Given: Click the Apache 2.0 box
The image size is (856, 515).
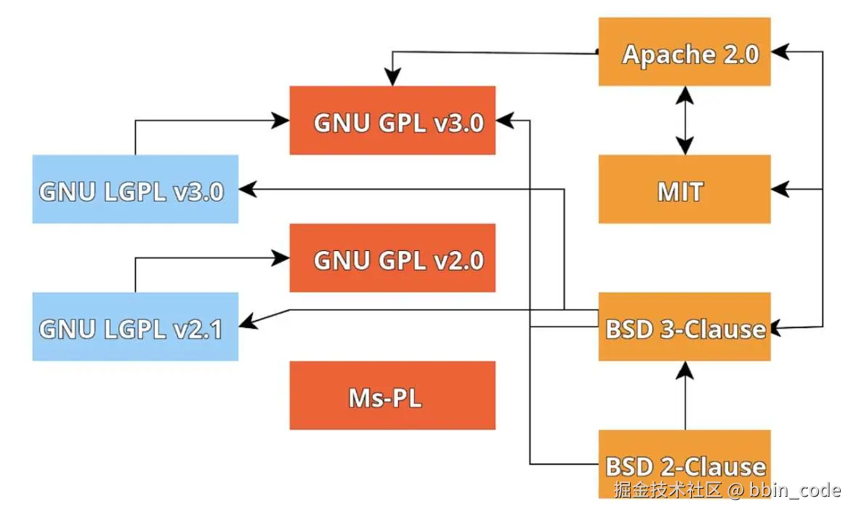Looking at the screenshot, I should click(x=684, y=52).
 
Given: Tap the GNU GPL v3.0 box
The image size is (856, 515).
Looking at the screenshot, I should click(x=392, y=121).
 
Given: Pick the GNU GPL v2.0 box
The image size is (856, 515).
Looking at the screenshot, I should click(x=392, y=258).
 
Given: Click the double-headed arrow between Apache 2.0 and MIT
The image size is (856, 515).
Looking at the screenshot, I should click(x=684, y=121).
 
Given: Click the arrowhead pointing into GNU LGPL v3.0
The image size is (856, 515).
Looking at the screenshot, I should click(x=248, y=189).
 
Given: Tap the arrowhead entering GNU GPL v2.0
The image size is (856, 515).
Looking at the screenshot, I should click(x=282, y=257).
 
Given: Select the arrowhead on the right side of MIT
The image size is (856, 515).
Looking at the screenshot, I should click(x=780, y=189).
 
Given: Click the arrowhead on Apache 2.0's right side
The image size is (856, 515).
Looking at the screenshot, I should click(x=780, y=52).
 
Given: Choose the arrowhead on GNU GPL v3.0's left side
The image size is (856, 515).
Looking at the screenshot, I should click(x=282, y=121).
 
